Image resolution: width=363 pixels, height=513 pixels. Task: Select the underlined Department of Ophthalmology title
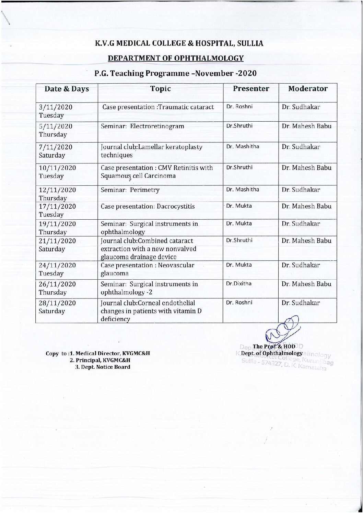coord(176,58)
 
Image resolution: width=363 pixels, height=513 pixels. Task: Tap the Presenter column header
coord(251,89)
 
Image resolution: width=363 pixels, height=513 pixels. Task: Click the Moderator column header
coord(308,89)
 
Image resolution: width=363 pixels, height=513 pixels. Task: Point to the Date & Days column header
coord(67,89)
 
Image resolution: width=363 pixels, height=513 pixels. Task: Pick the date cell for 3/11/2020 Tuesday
coord(56,111)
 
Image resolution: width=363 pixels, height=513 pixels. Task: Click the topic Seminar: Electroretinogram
coord(142,126)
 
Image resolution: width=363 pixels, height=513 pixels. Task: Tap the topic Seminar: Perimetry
coord(130,190)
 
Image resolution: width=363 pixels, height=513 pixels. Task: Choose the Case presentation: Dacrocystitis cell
coord(148,206)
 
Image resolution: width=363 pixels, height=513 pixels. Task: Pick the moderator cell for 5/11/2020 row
coord(306,126)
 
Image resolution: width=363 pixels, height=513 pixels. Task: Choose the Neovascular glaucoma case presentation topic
coord(148,269)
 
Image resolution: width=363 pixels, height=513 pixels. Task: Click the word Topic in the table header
coord(160,89)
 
